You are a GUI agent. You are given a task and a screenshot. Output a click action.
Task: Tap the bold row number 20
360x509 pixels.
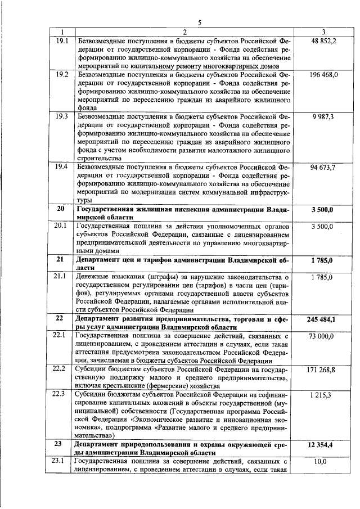[x=61, y=209]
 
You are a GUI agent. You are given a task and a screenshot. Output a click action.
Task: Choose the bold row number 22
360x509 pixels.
[x=61, y=319]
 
